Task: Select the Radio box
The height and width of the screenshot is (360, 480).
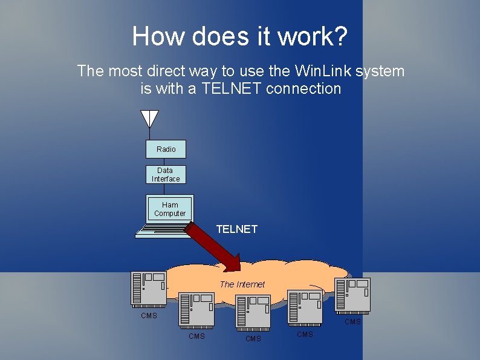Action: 166,149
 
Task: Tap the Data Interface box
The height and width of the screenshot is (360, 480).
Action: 166,175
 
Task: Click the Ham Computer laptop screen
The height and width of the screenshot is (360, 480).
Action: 170,209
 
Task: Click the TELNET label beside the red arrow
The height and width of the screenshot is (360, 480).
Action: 237,229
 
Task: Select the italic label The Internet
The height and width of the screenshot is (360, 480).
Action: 242,284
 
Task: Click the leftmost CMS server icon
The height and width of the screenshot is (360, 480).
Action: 149,288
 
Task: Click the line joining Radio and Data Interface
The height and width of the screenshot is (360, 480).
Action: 164,162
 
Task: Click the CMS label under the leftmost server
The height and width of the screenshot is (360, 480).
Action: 149,316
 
